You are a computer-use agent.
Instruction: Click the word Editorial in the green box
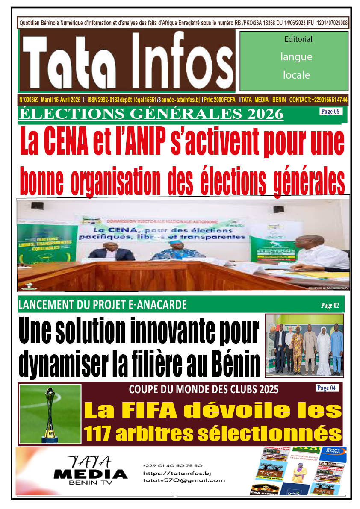pyautogui.click(x=298, y=39)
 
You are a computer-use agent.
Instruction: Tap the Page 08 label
pyautogui.click(x=330, y=112)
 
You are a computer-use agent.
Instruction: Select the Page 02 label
pyautogui.click(x=330, y=305)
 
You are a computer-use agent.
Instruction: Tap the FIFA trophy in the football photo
pyautogui.click(x=50, y=413)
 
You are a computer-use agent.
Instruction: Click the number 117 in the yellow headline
pyautogui.click(x=101, y=434)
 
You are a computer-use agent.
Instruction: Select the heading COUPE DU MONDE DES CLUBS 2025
pyautogui.click(x=204, y=390)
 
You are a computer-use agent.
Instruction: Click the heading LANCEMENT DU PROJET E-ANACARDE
pyautogui.click(x=103, y=305)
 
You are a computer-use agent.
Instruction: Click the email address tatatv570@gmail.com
pyautogui.click(x=184, y=480)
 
